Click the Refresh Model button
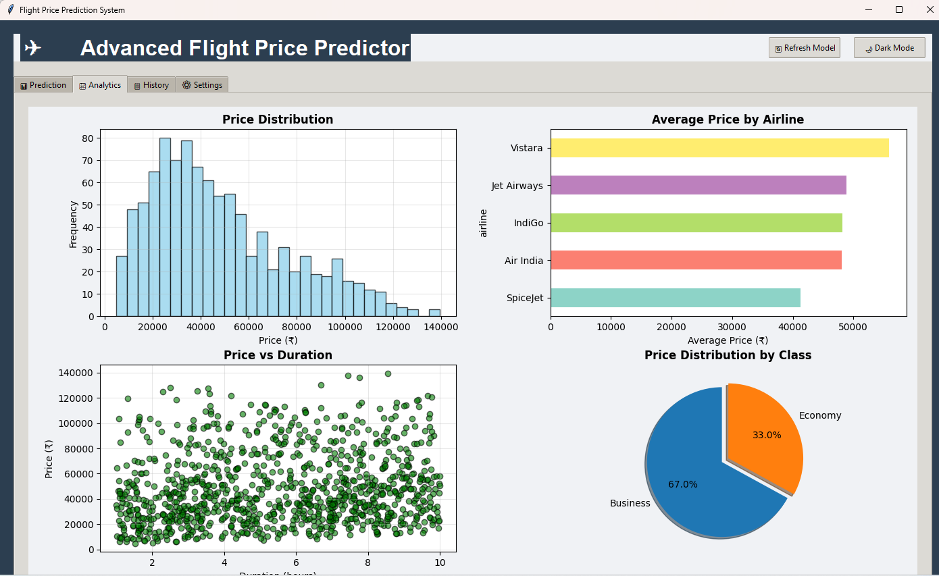coord(804,48)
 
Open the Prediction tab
coord(43,85)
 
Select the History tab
coord(151,85)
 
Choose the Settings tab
coord(202,85)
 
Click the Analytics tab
coord(100,85)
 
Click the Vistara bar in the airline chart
coord(719,148)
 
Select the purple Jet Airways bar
coord(698,185)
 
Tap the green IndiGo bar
coord(696,223)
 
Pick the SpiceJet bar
coord(675,298)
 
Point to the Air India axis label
coord(524,261)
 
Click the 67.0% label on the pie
coord(682,484)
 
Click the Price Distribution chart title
coord(278,120)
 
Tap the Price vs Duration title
coord(278,355)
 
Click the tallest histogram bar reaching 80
coord(165,226)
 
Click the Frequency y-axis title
coord(73,224)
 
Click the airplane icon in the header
coord(32,48)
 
